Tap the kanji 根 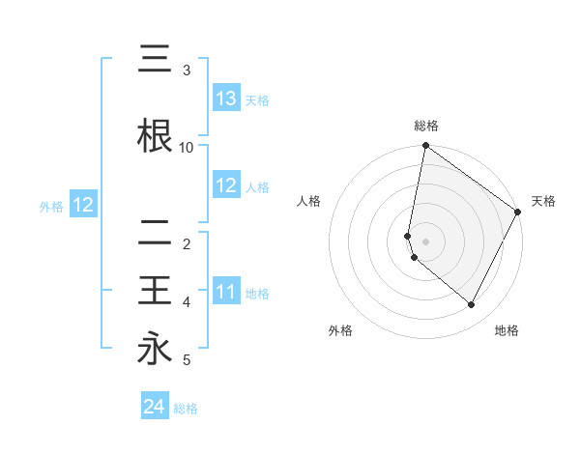point(155,136)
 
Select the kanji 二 point(155,233)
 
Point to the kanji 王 point(155,291)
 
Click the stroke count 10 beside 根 point(187,147)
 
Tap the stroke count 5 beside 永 point(187,360)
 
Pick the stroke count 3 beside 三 point(187,71)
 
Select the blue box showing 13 point(226,99)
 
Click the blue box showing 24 point(154,407)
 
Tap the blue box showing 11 point(226,292)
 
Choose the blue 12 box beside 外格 point(82,205)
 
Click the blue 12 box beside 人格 point(226,185)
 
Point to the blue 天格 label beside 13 point(257,99)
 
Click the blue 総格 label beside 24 point(186,408)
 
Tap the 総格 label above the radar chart point(426,126)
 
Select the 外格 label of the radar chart point(340,330)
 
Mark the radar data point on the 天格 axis point(518,213)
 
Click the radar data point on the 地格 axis point(471,305)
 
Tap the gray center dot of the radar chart point(426,241)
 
